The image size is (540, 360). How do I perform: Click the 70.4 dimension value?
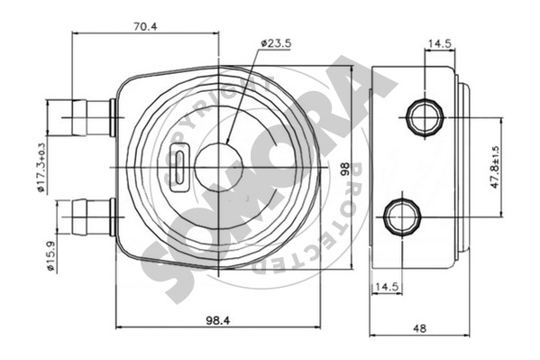(145, 26)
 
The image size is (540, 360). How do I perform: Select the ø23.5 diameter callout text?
(276, 43)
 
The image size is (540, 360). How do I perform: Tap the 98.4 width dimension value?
(218, 320)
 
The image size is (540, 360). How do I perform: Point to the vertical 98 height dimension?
(345, 170)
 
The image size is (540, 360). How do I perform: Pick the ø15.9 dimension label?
(51, 257)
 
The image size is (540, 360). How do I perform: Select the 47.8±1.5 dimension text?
(495, 167)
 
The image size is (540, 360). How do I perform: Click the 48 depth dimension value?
(420, 328)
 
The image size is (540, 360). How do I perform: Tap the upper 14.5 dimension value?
(439, 43)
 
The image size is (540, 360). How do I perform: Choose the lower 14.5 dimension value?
(387, 287)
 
